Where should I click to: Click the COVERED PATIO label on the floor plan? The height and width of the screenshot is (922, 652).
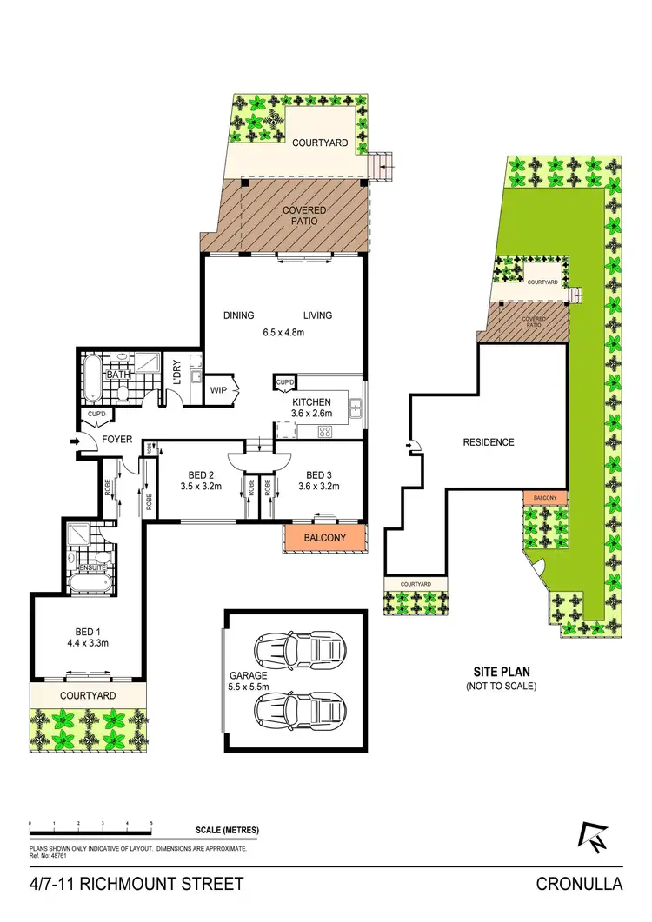pos(303,216)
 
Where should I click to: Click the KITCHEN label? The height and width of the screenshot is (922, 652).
pos(311,402)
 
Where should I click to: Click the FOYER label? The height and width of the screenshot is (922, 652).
pos(117,440)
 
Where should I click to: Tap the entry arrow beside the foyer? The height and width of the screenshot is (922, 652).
pos(76,441)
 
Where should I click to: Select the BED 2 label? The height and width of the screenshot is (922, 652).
pos(201,474)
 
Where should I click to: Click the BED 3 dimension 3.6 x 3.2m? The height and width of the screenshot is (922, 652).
pos(316,487)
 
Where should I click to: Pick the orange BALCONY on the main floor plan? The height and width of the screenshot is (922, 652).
pos(324,539)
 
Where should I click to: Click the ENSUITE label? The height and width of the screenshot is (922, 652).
pos(91,567)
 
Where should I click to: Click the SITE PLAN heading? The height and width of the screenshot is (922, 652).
pos(502,671)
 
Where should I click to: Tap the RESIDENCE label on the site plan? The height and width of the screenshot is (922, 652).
pos(488,442)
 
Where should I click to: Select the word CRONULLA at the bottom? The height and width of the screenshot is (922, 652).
pos(580,885)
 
